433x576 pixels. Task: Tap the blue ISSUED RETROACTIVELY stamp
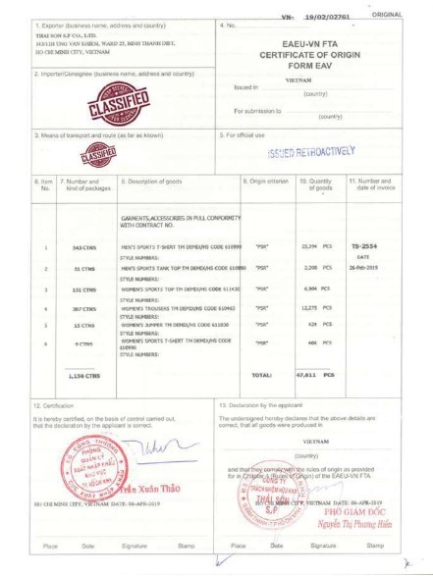click(x=309, y=152)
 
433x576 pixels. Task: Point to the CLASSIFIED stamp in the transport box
click(x=96, y=154)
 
